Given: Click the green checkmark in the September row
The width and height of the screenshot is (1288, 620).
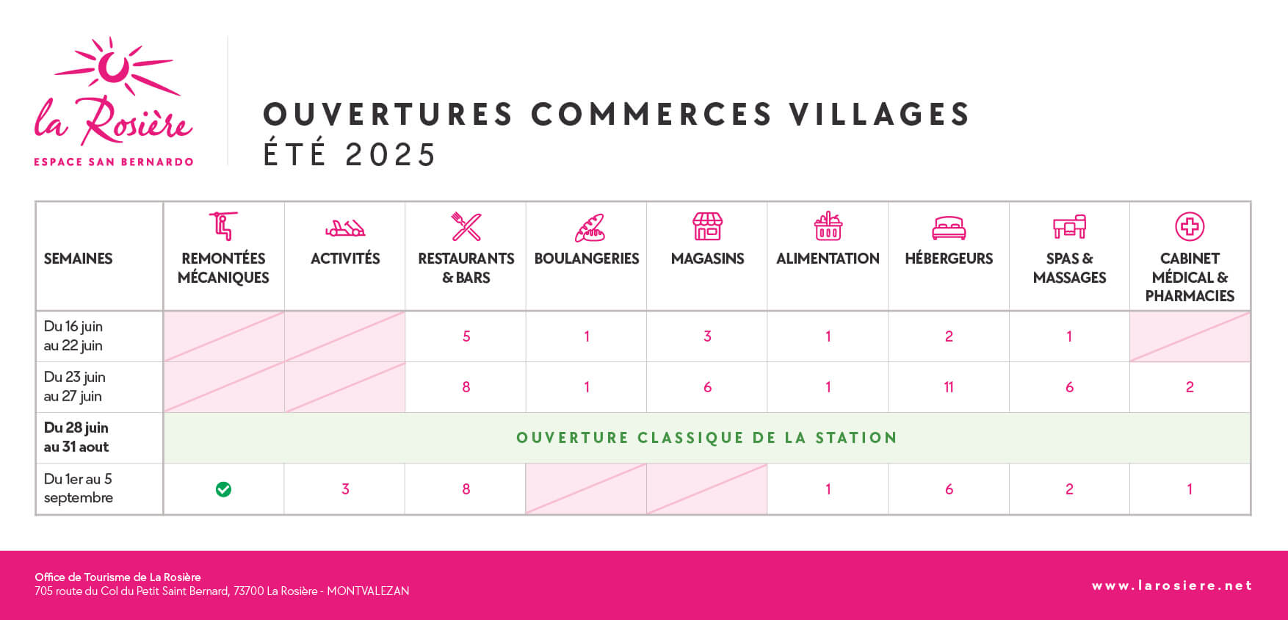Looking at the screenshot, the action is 224,489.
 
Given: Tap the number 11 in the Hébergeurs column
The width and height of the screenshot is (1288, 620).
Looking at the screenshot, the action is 949,387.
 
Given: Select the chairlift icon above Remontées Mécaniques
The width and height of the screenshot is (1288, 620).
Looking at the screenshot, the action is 224,226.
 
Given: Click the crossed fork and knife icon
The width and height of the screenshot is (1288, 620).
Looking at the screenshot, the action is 466,227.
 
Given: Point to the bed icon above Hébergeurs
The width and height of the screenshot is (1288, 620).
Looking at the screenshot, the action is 949,228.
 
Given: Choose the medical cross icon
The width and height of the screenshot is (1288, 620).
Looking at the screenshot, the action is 1190,226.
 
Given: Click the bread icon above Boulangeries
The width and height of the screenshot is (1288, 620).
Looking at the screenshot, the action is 590,228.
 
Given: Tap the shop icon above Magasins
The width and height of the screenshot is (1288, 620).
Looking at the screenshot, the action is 708,226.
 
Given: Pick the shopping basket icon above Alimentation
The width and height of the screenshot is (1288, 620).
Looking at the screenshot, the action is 828,226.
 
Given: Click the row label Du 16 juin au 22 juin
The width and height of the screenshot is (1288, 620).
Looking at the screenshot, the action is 73,336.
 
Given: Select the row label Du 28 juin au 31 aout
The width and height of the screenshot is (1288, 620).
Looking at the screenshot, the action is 76,437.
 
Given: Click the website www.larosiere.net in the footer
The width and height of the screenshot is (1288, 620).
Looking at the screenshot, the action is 1172,585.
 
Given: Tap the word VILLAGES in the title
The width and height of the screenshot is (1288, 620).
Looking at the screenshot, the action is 880,115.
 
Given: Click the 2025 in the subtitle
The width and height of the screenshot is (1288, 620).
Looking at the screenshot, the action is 391,155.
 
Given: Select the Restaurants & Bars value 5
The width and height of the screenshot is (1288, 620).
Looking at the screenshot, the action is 466,336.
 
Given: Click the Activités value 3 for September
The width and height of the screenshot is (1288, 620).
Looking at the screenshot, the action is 345,489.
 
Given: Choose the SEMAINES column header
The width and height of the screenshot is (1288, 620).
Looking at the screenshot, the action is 78,259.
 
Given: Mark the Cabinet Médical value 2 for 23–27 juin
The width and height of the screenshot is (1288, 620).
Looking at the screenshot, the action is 1190,387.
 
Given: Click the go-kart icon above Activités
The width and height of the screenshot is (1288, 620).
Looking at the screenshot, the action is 345,228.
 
